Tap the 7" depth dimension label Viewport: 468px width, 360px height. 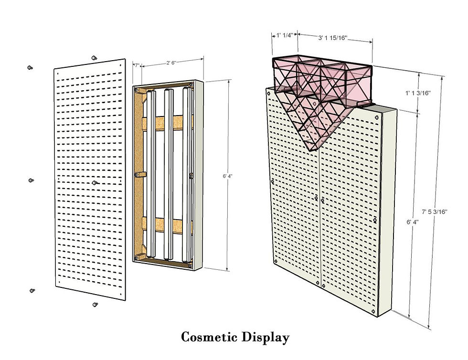pyautogui.click(x=137, y=65)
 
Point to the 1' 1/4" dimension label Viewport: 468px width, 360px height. pyautogui.click(x=285, y=35)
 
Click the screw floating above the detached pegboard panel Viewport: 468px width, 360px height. pyautogui.click(x=94, y=57)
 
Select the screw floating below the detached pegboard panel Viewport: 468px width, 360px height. pyautogui.click(x=95, y=304)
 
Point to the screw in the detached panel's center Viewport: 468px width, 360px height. pyautogui.click(x=96, y=182)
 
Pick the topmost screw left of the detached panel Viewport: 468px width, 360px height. pyautogui.click(x=31, y=68)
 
